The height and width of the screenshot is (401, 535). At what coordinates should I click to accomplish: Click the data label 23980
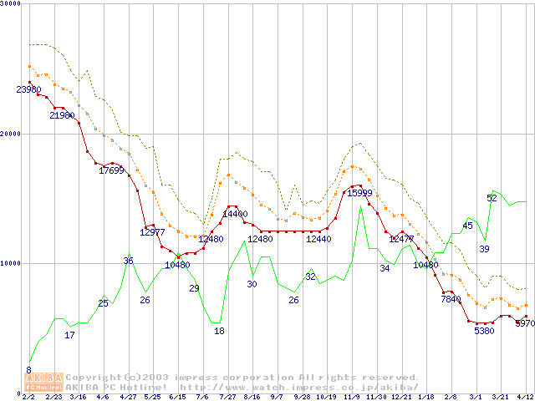click(28, 89)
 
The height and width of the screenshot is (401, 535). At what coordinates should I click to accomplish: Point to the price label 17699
click(111, 170)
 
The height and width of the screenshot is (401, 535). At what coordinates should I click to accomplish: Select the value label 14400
click(235, 214)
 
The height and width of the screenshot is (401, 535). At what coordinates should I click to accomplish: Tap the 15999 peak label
click(359, 193)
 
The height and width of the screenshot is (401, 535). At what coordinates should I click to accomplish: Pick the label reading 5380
click(484, 331)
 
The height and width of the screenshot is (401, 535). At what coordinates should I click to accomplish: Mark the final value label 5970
click(525, 322)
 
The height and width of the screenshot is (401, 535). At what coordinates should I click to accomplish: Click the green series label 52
click(492, 198)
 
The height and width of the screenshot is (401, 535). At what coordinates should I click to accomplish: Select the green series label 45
click(467, 226)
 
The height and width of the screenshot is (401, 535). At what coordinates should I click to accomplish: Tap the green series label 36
click(128, 261)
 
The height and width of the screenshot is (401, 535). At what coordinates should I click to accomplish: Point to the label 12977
click(152, 232)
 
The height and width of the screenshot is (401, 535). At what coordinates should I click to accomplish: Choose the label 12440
click(318, 239)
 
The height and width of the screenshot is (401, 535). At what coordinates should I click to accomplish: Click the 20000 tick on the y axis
click(11, 133)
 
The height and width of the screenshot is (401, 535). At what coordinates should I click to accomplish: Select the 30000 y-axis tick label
click(11, 4)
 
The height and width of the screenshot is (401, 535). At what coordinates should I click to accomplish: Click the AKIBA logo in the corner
click(43, 382)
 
